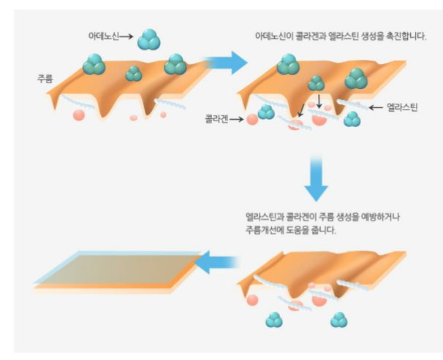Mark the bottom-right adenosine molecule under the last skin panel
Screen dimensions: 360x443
338,319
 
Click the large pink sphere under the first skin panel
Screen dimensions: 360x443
78,115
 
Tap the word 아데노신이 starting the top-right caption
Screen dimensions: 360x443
271,35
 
